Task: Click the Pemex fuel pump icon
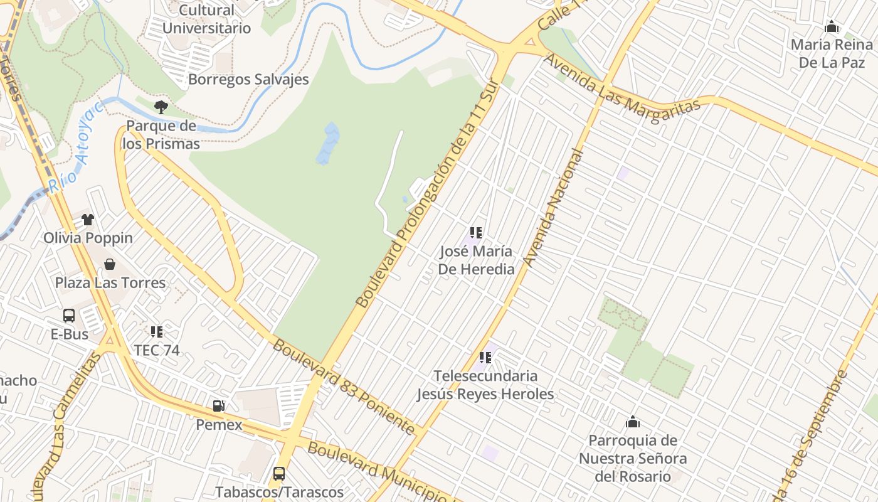pos(218,406)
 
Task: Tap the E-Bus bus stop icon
pos(69,316)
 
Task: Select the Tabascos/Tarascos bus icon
pos(279,474)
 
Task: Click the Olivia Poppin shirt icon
pos(88,220)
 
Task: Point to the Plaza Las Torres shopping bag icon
pos(110,264)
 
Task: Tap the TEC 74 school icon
pos(156,331)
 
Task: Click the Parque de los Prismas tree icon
pos(161,107)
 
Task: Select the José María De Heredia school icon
pos(476,233)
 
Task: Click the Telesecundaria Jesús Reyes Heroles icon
pos(485,358)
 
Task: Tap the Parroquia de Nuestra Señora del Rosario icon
pos(633,422)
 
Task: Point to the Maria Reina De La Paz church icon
pos(832,27)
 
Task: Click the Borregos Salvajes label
pos(248,80)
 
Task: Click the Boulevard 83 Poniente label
pos(344,387)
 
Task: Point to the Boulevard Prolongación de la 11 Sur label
pos(426,193)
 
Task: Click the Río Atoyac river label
pos(76,145)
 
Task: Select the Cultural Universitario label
pos(206,19)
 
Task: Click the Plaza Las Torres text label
pos(110,283)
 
